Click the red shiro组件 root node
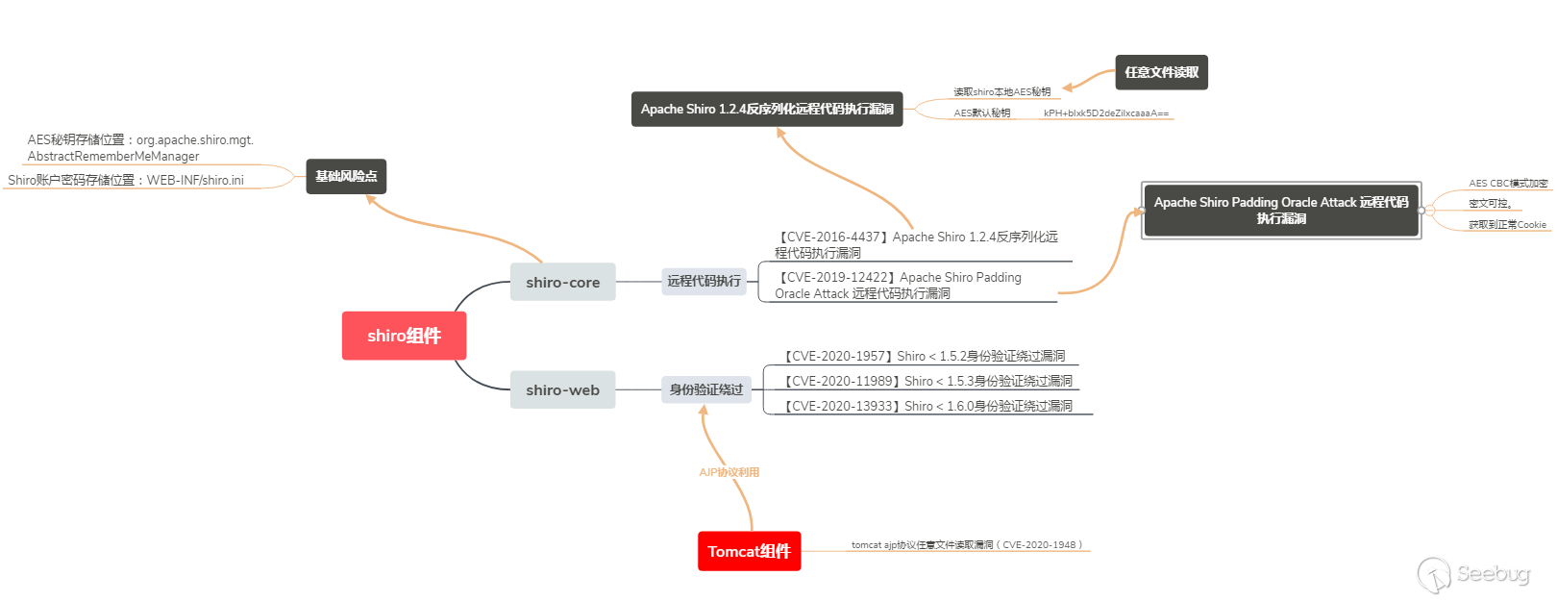pyautogui.click(x=404, y=336)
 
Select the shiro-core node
pyautogui.click(x=562, y=282)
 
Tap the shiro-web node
pyautogui.click(x=562, y=389)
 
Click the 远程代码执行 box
pyautogui.click(x=704, y=281)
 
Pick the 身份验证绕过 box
pyautogui.click(x=705, y=389)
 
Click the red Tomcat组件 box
pyautogui.click(x=749, y=551)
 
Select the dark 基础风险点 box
pyautogui.click(x=346, y=176)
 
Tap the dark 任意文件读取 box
pyautogui.click(x=1161, y=72)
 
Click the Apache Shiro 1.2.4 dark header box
pyautogui.click(x=766, y=109)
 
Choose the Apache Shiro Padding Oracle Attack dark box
pyautogui.click(x=1280, y=211)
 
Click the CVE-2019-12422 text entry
pyautogui.click(x=898, y=285)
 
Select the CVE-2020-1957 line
pyautogui.click(x=924, y=356)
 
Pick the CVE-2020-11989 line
pyautogui.click(x=927, y=381)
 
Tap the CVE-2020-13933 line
pyautogui.click(x=927, y=406)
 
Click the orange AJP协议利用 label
pyautogui.click(x=729, y=472)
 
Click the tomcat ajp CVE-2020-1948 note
pyautogui.click(x=966, y=545)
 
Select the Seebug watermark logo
pyautogui.click(x=1472, y=574)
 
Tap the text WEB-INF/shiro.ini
pyautogui.click(x=195, y=180)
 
